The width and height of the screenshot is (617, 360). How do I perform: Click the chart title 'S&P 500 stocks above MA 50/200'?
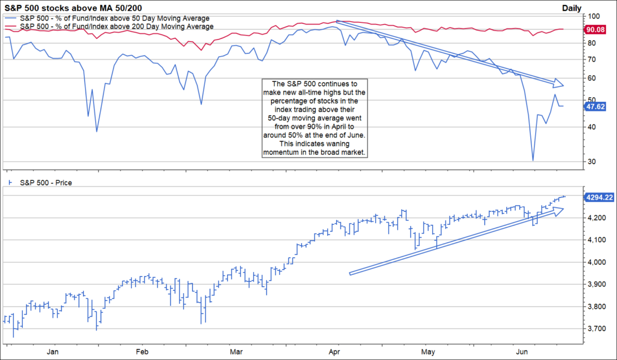pyautogui.click(x=74, y=7)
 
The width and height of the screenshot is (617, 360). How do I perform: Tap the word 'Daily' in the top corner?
pyautogui.click(x=572, y=7)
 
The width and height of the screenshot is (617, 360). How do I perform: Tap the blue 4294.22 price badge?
pyautogui.click(x=598, y=197)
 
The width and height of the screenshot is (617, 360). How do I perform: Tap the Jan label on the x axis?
pyautogui.click(x=52, y=350)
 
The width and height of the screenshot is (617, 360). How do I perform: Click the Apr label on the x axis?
pyautogui.click(x=334, y=350)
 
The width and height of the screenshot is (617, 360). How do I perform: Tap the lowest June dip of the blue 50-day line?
pyautogui.click(x=533, y=160)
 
